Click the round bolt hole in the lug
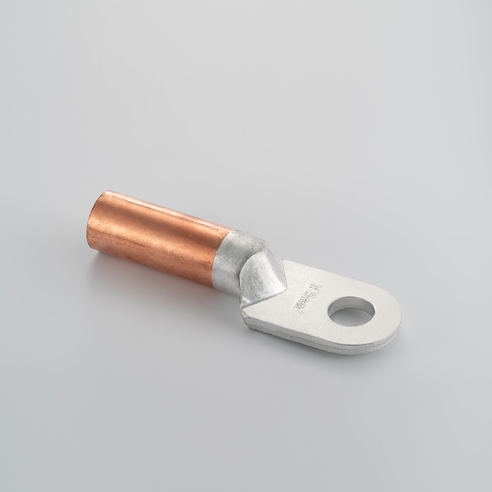point(351,311)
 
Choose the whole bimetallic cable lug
point(246,271)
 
